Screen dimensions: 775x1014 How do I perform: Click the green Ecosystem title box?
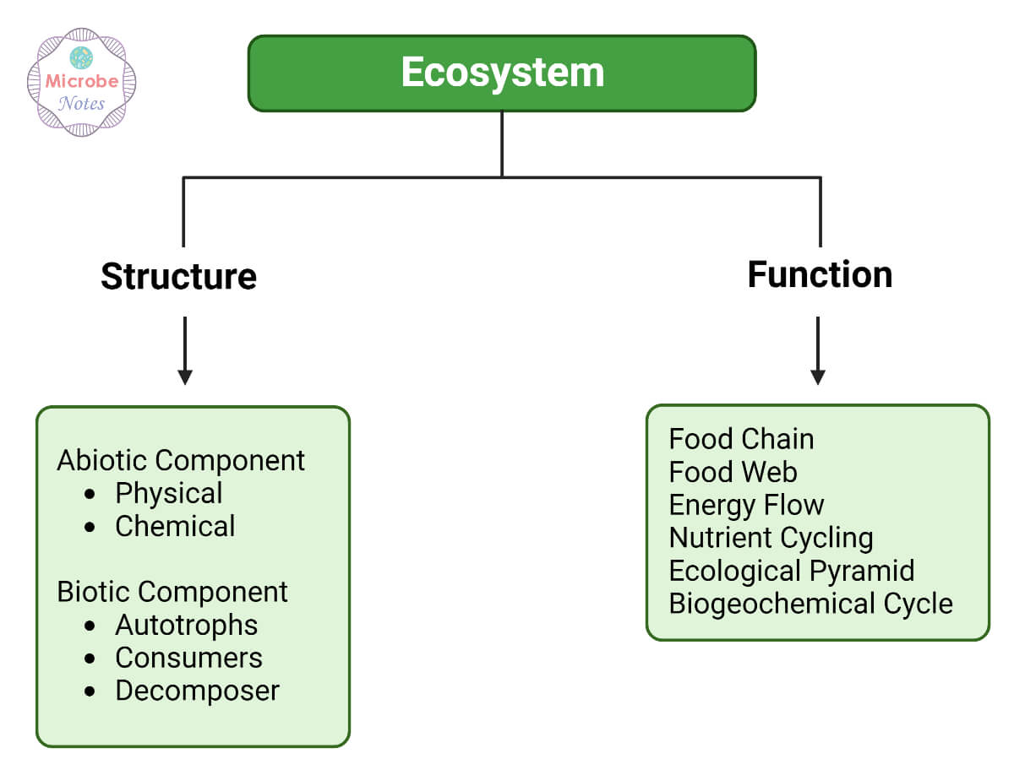click(x=502, y=73)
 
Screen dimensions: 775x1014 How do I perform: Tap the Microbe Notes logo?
click(x=82, y=82)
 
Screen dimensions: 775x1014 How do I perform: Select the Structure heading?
click(x=178, y=276)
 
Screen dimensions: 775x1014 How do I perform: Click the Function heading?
click(x=820, y=274)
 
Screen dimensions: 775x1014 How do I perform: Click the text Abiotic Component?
click(x=181, y=460)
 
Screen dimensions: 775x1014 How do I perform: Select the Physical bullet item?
click(x=168, y=493)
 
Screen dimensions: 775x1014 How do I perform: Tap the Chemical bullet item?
click(x=175, y=526)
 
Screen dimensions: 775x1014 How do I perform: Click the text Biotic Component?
click(x=172, y=592)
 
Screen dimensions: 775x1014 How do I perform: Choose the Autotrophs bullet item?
click(x=186, y=625)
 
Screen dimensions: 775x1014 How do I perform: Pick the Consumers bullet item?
click(x=188, y=658)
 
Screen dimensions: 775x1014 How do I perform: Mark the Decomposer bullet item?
click(x=197, y=691)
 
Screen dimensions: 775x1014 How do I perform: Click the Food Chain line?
click(x=741, y=439)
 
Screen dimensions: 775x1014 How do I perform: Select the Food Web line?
click(x=733, y=472)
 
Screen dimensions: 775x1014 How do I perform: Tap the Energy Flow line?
click(x=746, y=505)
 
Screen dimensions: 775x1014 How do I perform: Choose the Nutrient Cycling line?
click(x=771, y=538)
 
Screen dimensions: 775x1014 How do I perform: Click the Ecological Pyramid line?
click(x=791, y=571)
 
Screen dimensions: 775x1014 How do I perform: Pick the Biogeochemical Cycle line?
click(x=810, y=604)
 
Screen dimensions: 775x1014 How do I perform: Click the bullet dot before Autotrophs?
click(x=90, y=626)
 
